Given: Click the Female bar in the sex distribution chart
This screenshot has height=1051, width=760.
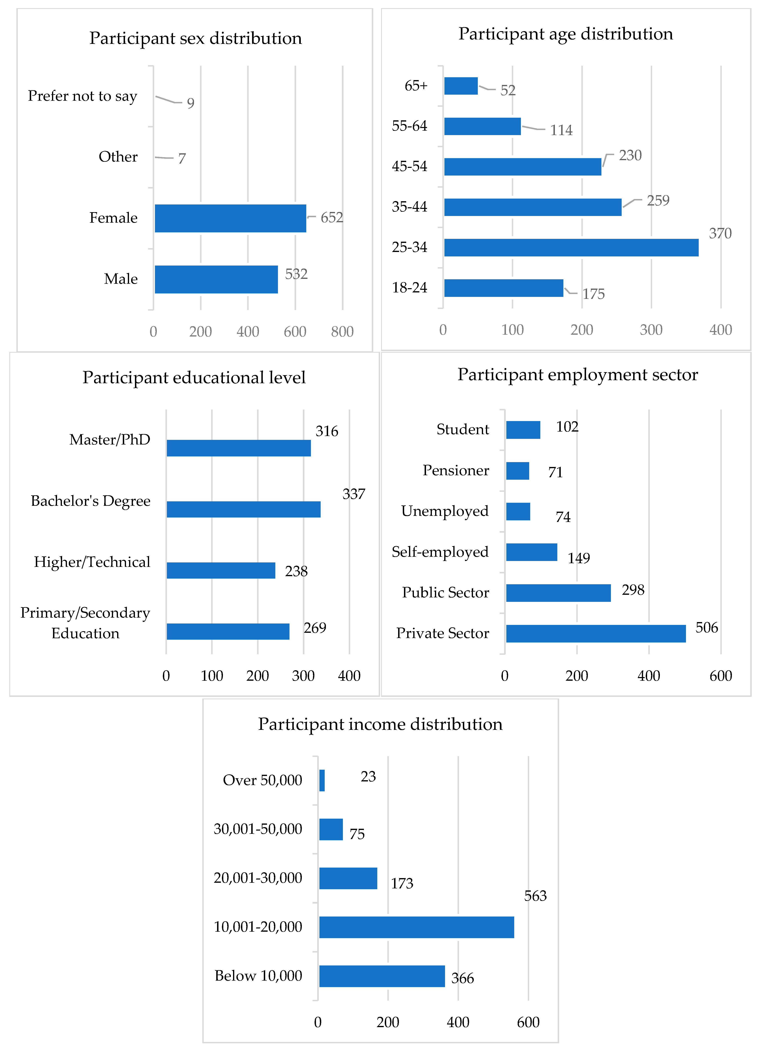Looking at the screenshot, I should point(230,218).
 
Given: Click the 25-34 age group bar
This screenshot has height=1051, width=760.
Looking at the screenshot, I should point(571,248).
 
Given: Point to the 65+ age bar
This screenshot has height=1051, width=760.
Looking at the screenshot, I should point(461,86).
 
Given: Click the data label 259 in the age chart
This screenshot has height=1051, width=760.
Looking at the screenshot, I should point(658,201).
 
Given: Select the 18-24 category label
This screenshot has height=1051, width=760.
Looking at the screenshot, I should point(409,288).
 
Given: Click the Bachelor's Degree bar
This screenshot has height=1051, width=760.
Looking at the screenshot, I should point(243,509).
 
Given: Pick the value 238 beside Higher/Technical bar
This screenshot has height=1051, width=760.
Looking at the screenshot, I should point(296,571).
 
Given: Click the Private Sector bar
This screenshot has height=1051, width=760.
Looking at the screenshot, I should point(596,633).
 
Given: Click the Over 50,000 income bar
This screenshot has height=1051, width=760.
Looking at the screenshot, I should point(322,781).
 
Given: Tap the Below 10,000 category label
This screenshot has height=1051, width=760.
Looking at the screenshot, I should point(258,976).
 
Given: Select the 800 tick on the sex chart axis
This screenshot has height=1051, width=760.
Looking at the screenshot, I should point(342,332).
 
